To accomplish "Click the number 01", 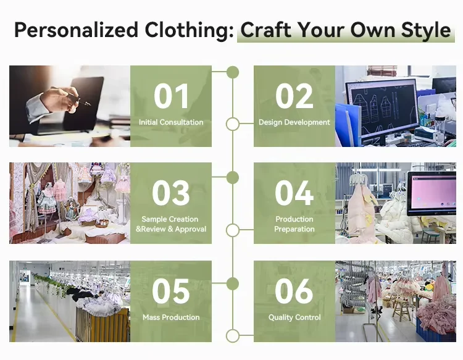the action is tap(171, 96).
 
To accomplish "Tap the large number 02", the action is tap(294, 96).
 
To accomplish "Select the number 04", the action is tap(294, 193).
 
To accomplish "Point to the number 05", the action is tap(171, 291).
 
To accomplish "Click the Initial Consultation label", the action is tap(171, 122).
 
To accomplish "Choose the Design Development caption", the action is tap(294, 122).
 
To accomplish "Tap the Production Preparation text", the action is tap(294, 224).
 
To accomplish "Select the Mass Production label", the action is tap(171, 317).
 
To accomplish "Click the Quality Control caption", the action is tap(294, 317).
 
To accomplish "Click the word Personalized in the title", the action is tap(76, 30).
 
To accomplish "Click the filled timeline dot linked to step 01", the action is tap(233, 72).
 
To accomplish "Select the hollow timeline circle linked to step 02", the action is tap(233, 124).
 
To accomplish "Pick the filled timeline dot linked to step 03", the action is tap(233, 177).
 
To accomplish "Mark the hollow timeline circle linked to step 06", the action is tap(233, 336).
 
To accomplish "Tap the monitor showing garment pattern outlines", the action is tap(382, 109).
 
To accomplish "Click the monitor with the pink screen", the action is tap(432, 193).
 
